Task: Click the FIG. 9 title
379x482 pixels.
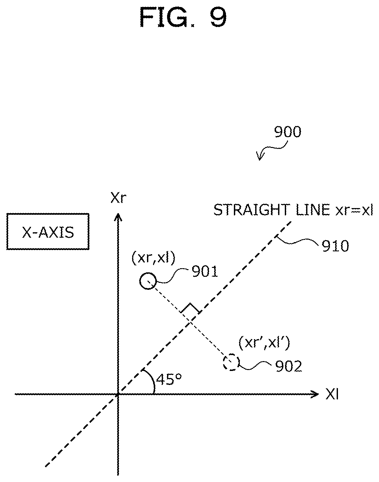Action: click(x=183, y=17)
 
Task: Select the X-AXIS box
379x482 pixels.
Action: click(x=48, y=231)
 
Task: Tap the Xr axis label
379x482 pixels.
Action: click(x=118, y=198)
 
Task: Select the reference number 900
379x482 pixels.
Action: click(x=288, y=132)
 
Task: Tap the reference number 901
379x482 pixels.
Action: click(x=205, y=272)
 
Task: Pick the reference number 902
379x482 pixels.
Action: click(x=289, y=367)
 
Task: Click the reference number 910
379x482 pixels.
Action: click(x=335, y=246)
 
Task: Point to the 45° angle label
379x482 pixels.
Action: click(x=169, y=380)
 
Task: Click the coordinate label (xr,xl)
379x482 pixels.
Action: click(x=153, y=259)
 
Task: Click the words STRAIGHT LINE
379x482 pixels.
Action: click(x=272, y=210)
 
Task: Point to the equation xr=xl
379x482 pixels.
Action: click(x=354, y=210)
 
